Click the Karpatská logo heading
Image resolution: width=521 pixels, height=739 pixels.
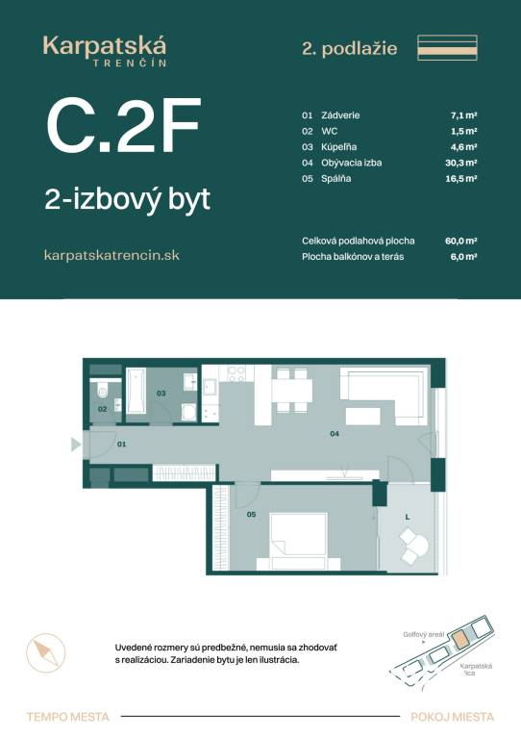click(105, 46)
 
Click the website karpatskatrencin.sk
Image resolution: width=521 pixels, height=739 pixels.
click(112, 255)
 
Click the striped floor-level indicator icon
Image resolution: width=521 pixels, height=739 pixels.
click(447, 47)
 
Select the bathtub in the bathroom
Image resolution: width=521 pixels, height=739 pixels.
click(136, 391)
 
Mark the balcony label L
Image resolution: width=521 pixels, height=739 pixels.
click(408, 517)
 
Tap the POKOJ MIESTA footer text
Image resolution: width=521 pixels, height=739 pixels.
click(452, 716)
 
